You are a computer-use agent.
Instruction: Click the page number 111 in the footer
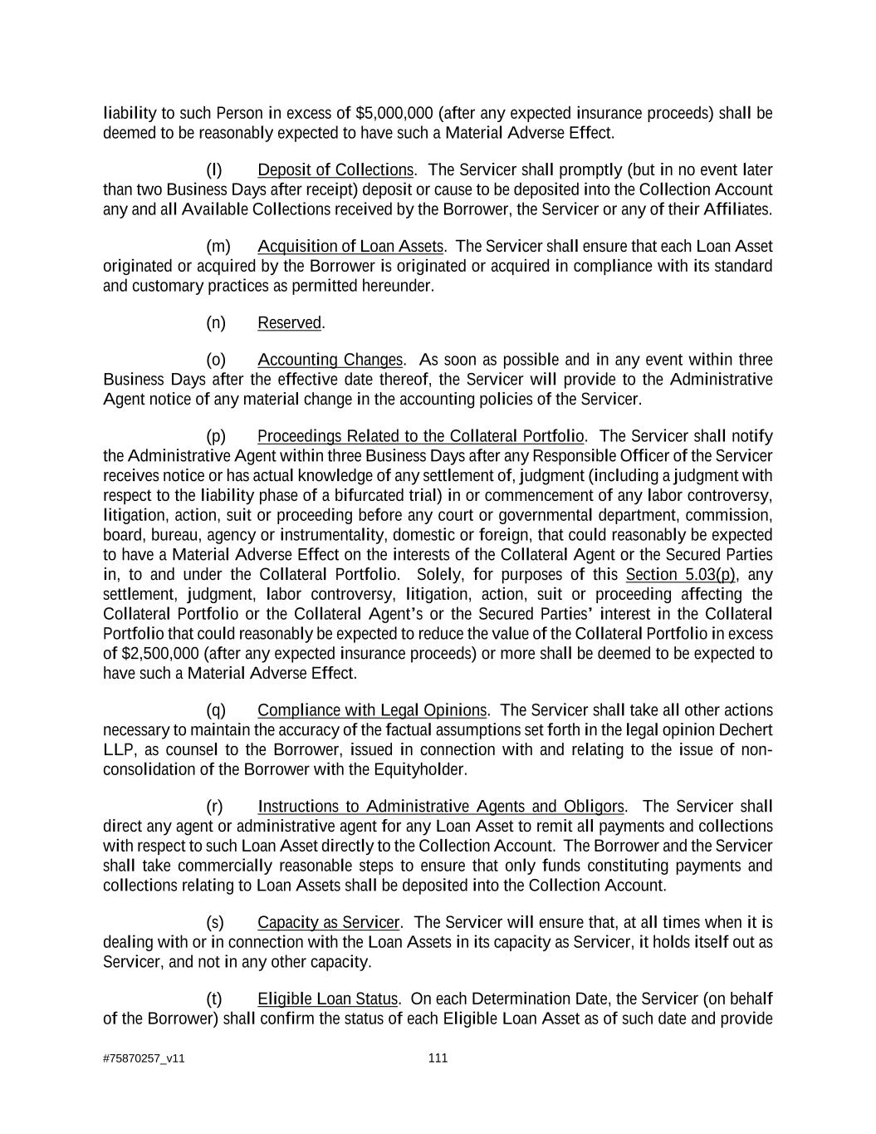click(438, 1058)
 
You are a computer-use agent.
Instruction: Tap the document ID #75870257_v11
click(143, 1058)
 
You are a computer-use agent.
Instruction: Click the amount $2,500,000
click(151, 654)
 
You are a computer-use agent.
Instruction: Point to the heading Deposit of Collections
click(335, 170)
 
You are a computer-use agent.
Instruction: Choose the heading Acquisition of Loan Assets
click(350, 247)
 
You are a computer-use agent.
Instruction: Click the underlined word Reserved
click(289, 323)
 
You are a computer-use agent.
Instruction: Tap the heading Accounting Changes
click(330, 360)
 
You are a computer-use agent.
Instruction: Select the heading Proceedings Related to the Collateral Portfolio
click(421, 437)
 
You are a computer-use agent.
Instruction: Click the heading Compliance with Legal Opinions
click(372, 710)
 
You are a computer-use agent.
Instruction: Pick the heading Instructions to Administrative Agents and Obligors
click(441, 807)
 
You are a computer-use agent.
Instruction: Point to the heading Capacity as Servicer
click(329, 923)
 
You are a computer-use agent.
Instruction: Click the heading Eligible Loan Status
click(328, 999)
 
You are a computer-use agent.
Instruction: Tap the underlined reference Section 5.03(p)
click(681, 575)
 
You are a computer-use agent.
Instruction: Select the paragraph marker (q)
click(216, 710)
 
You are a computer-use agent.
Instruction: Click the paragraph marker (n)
click(216, 323)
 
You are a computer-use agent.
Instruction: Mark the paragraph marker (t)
click(214, 999)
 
